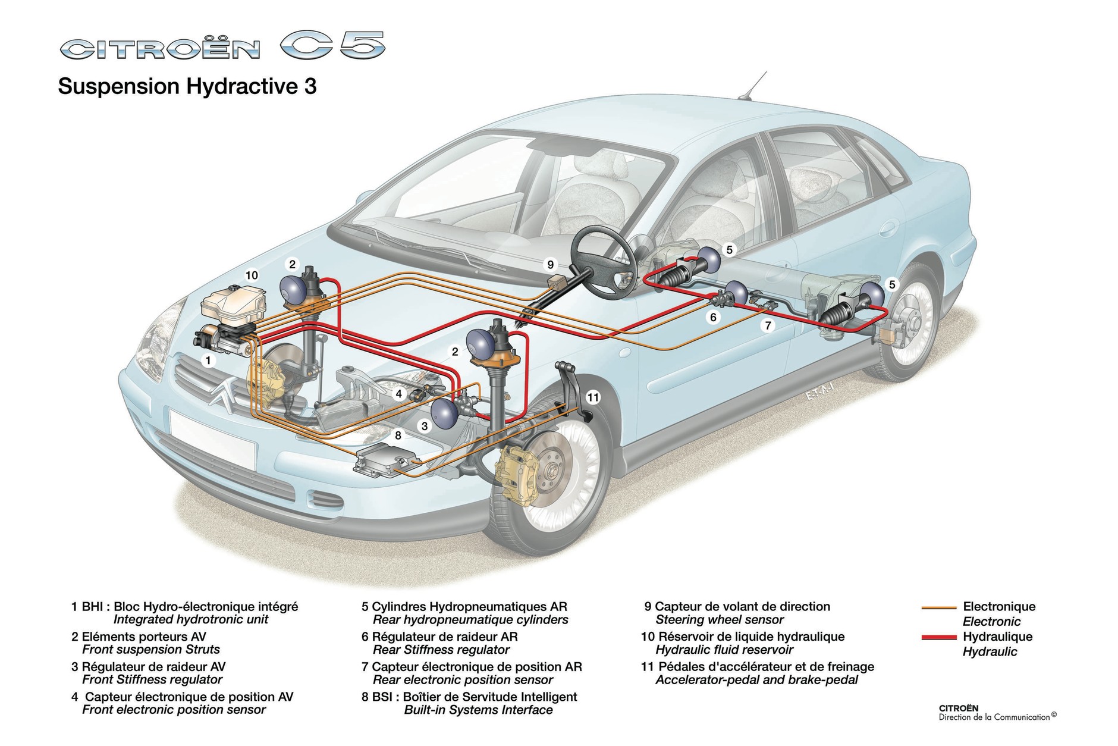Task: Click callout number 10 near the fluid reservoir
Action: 252,275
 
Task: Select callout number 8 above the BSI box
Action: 398,435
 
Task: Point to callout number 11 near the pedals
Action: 593,397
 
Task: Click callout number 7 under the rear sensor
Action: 768,325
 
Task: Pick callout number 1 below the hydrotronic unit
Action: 208,360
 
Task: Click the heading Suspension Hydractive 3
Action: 187,87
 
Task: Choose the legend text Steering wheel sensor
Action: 719,620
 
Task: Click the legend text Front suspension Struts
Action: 151,650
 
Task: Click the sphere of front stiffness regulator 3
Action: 442,412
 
